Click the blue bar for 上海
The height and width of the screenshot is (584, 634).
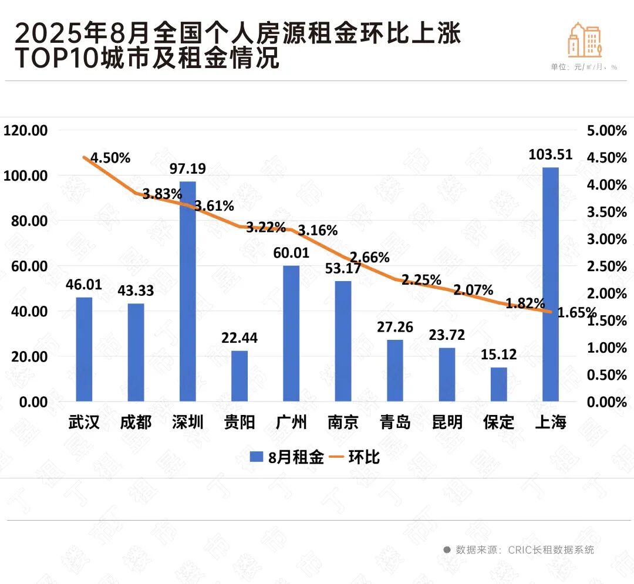(551, 285)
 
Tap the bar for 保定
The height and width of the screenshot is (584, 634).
(499, 384)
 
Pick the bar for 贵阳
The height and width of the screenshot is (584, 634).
(240, 376)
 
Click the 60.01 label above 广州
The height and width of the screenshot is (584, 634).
(292, 255)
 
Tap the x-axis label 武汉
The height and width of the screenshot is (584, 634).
(84, 422)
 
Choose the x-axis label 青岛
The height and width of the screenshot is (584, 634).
(395, 422)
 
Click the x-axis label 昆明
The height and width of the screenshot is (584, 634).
(447, 422)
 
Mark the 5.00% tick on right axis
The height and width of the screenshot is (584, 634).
(607, 131)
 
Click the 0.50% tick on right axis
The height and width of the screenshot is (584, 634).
(607, 375)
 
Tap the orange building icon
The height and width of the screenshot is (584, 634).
(585, 40)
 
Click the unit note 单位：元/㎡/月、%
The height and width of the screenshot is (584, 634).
(584, 67)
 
